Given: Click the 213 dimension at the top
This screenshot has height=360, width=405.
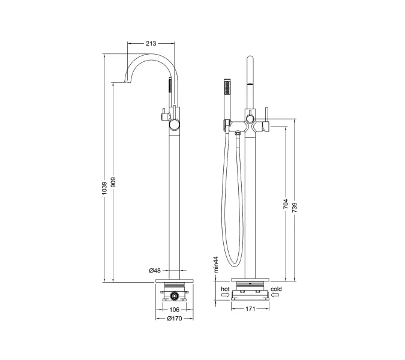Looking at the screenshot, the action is click(x=151, y=43).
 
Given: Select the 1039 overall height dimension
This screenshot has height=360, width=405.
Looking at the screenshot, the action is click(x=104, y=188).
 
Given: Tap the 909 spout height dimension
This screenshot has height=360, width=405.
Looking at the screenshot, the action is click(x=113, y=182).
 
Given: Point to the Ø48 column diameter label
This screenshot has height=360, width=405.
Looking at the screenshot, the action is click(x=155, y=271).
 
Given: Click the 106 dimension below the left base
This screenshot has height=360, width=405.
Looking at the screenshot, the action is click(x=175, y=310).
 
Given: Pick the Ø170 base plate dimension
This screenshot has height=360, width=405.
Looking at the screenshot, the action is click(x=175, y=319).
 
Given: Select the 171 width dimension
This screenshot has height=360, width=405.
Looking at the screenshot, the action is click(x=250, y=309).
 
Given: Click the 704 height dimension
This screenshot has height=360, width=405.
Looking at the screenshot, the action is click(x=286, y=204).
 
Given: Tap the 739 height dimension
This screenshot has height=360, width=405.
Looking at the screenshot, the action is click(x=295, y=208).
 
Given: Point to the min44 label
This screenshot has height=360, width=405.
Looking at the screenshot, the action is click(x=216, y=265).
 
